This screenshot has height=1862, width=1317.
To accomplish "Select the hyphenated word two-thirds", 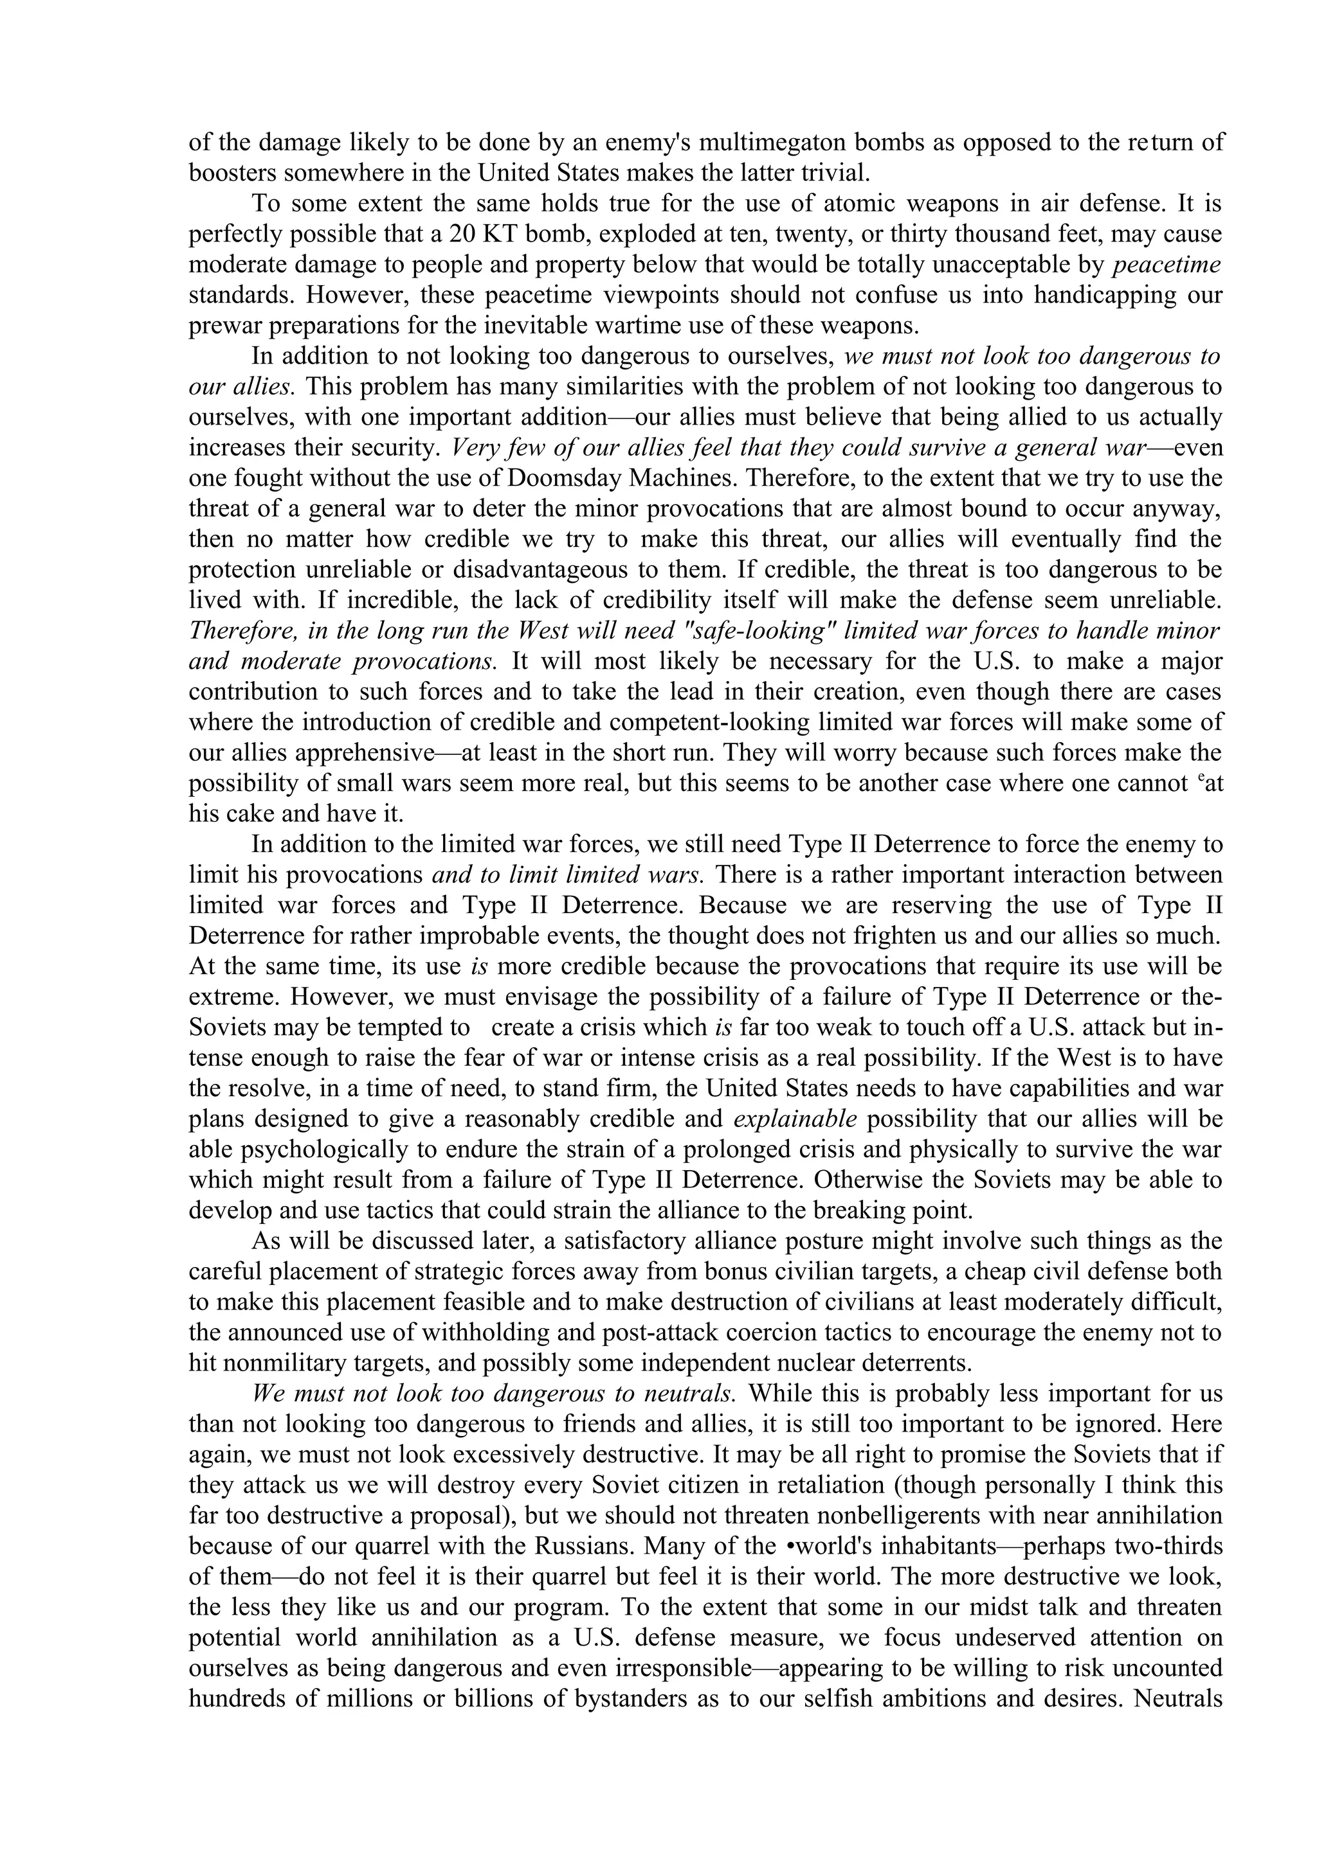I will pos(1168,1547).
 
